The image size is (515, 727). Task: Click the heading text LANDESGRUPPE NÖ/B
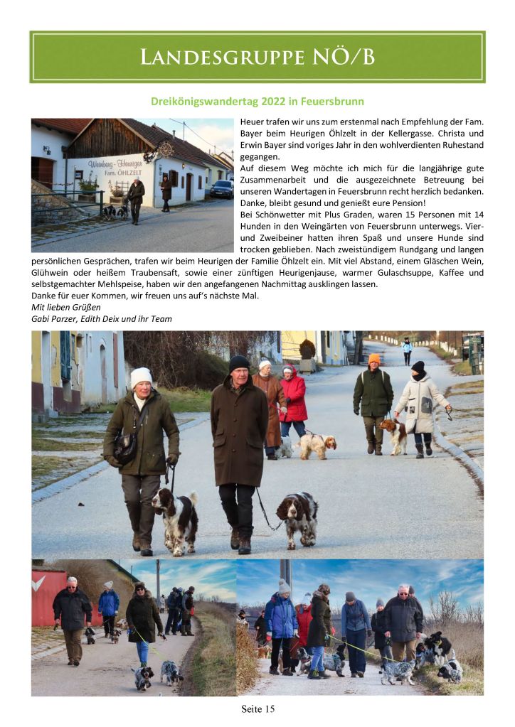click(257, 57)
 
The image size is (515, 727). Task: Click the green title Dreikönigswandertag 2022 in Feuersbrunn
click(257, 102)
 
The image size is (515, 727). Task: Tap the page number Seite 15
click(257, 709)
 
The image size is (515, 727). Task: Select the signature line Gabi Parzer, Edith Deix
click(102, 318)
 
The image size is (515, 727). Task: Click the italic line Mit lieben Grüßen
click(66, 307)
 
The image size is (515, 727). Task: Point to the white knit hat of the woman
click(141, 377)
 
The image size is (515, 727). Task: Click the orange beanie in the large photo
click(374, 359)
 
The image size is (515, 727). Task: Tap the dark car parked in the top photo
click(221, 188)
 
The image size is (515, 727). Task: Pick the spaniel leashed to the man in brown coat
click(297, 517)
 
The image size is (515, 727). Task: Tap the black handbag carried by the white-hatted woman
click(126, 448)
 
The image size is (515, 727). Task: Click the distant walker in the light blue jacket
click(407, 350)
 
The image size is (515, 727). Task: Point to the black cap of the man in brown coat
click(239, 362)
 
